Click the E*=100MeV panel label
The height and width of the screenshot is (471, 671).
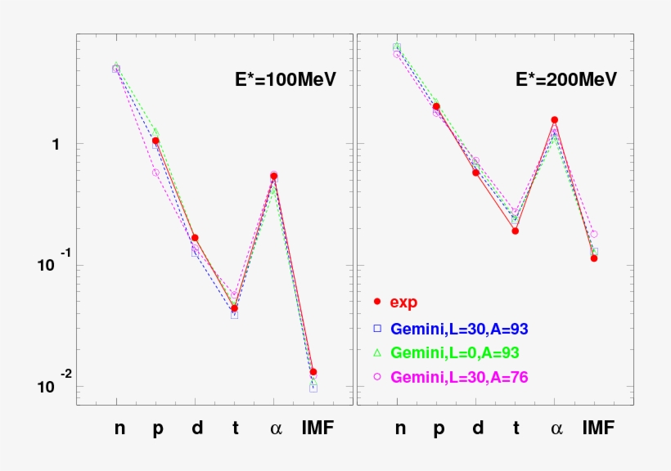click(281, 79)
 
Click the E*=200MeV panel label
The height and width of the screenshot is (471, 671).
click(565, 79)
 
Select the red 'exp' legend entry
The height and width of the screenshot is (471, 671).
click(403, 302)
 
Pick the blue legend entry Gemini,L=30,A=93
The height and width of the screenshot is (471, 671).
click(459, 328)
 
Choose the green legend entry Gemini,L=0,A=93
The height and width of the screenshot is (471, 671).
click(454, 352)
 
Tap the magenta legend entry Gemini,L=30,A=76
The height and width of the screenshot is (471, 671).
click(459, 377)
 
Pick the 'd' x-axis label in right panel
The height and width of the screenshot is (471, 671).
click(477, 428)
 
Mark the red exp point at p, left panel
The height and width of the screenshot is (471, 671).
click(155, 141)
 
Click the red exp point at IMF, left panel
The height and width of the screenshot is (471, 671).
click(313, 372)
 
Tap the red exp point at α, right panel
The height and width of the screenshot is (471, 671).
click(555, 120)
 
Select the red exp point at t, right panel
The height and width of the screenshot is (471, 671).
click(516, 231)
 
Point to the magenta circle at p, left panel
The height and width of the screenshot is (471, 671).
click(155, 173)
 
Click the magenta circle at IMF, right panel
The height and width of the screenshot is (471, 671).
click(594, 234)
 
